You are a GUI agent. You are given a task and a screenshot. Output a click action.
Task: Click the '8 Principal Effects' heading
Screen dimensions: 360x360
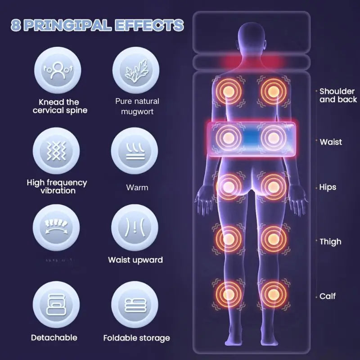97,25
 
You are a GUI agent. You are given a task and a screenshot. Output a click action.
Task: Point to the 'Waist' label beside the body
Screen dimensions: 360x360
331,142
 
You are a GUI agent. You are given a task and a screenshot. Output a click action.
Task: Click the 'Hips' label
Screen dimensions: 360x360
328,187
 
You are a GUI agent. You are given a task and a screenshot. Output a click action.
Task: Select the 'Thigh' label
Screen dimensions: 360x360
330,242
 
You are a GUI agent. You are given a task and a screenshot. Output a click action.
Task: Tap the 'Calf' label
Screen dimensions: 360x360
328,297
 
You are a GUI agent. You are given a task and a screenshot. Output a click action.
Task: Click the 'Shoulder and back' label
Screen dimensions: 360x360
337,95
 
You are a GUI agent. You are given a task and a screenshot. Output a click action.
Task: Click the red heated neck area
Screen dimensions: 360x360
250,62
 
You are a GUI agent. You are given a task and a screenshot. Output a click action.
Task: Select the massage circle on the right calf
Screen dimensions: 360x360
272,291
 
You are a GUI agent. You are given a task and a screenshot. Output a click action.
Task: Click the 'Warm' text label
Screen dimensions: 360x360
137,187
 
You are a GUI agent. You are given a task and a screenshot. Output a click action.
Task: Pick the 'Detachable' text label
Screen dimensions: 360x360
54,337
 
